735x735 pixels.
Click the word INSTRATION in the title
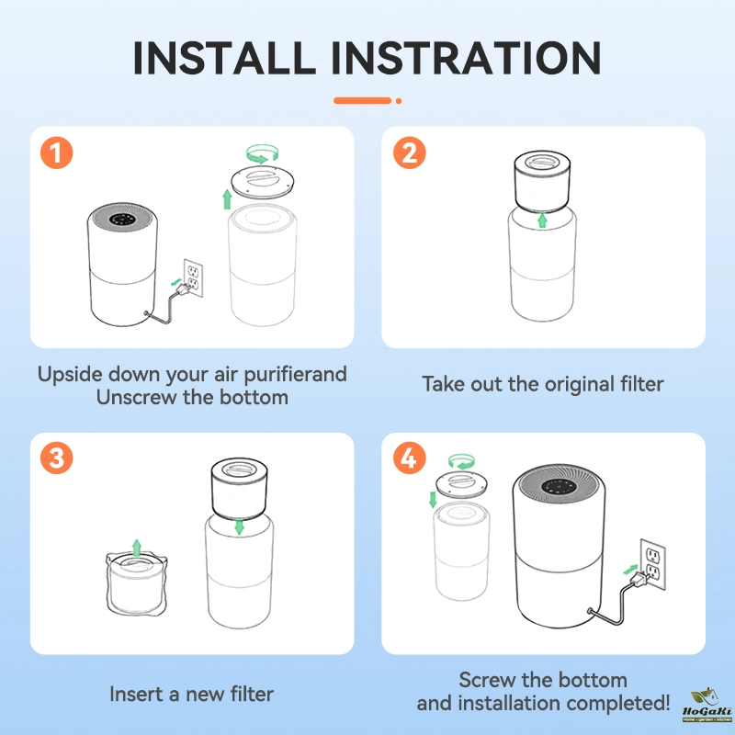tap(466, 58)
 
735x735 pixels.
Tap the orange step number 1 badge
tap(57, 153)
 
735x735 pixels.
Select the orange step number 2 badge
tap(409, 153)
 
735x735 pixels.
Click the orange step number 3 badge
tap(57, 458)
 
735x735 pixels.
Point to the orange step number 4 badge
tap(409, 458)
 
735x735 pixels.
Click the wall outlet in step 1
tap(193, 278)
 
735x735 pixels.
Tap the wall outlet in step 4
tap(653, 564)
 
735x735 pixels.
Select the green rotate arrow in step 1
tap(263, 153)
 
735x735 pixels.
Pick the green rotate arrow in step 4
tap(461, 461)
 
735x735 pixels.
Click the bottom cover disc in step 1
tap(263, 181)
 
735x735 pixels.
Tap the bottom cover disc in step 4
tap(462, 484)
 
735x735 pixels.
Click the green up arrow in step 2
tap(542, 220)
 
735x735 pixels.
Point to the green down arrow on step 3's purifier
tap(239, 526)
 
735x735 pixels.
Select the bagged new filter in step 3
tap(136, 584)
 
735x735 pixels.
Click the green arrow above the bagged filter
tap(136, 548)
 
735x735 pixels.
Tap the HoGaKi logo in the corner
tap(707, 705)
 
